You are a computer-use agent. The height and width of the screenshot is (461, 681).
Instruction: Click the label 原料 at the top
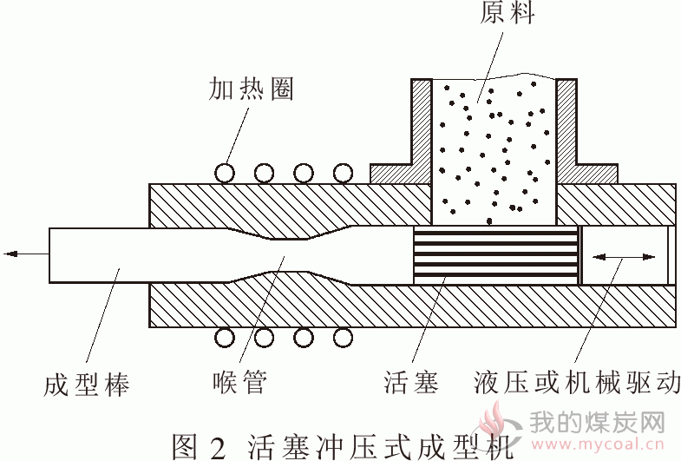507,12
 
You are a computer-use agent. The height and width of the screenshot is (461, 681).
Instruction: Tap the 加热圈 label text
251,89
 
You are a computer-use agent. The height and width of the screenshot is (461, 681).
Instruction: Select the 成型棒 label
87,384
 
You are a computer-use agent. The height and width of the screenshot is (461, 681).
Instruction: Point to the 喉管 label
239,381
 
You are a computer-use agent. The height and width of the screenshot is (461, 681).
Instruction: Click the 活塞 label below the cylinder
411,382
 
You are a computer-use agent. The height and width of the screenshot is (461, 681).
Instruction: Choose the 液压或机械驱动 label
577,382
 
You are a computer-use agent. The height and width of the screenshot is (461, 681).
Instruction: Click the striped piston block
496,255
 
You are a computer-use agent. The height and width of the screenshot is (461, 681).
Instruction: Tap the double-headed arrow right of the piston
624,257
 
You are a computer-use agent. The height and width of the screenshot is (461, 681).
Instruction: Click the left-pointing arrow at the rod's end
26,254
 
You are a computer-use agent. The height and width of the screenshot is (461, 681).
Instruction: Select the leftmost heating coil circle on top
225,174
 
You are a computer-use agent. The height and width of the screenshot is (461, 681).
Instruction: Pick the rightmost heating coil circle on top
343,174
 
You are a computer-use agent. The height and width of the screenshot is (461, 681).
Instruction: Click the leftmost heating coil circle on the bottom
225,338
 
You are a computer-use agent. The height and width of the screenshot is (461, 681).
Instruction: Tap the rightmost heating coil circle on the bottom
343,338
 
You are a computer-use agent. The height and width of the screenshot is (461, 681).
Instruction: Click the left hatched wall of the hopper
421,130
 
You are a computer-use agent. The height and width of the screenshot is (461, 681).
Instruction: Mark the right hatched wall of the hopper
567,130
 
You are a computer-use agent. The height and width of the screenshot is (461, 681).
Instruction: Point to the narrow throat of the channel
289,255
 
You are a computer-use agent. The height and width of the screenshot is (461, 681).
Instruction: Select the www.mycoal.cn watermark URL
597,445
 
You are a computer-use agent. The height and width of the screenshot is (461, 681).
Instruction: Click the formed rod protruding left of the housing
99,255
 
